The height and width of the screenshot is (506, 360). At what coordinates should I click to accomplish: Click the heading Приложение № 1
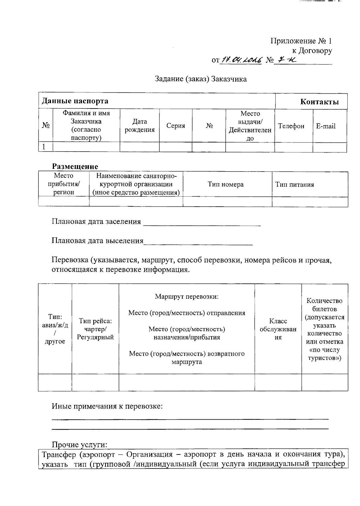[301, 41]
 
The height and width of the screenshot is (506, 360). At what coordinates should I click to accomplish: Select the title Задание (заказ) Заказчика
[201, 79]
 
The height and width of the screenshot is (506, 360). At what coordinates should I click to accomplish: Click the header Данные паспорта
[75, 101]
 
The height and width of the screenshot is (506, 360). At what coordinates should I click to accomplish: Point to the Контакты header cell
[319, 102]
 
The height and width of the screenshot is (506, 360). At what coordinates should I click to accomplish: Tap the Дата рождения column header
[139, 126]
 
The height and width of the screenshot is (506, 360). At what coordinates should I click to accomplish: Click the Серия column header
[175, 126]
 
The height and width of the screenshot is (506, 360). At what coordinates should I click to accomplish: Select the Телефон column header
[291, 126]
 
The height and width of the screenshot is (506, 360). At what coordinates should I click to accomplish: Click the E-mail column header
[325, 126]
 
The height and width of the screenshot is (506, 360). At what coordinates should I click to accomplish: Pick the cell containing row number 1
[45, 147]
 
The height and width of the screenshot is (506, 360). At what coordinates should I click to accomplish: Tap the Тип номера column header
[226, 184]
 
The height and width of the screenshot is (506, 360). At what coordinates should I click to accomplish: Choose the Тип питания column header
[295, 184]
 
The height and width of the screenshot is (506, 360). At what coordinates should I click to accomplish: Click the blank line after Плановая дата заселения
[202, 223]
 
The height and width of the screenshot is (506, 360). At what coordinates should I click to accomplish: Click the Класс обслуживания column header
[278, 329]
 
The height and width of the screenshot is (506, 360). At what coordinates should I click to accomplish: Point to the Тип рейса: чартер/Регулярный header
[95, 329]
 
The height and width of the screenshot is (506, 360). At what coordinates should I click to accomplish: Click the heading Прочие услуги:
[79, 445]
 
